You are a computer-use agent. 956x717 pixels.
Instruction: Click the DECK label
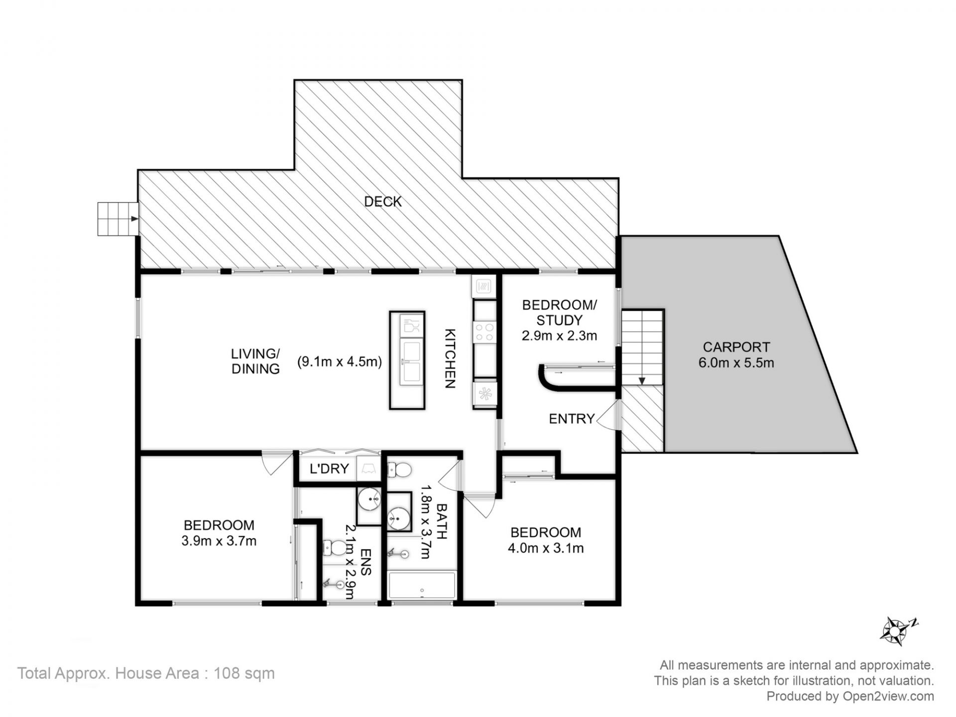pos(382,202)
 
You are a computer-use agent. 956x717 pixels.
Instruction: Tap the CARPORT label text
pos(736,347)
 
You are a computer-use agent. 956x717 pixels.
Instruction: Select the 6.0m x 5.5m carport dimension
pos(736,363)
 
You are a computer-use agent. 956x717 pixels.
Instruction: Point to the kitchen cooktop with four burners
pos(484,332)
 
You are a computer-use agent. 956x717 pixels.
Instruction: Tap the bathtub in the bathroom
pos(422,586)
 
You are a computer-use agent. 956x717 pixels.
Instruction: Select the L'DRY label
pos(329,469)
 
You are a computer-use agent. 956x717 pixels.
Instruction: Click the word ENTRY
pos(572,419)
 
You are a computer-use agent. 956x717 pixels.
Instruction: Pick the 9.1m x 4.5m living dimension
pos(340,362)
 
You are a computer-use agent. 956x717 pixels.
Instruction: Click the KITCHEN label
pos(450,358)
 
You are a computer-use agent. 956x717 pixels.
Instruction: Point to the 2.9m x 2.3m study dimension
pos(559,336)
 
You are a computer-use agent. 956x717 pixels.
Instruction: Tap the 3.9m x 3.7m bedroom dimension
pos(219,541)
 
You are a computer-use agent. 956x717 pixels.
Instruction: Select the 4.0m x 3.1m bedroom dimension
pos(546,548)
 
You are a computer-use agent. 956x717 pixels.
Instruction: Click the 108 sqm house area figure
pos(244,674)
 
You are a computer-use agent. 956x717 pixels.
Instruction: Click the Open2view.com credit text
pos(888,696)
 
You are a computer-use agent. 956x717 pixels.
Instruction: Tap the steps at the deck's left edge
pos(118,219)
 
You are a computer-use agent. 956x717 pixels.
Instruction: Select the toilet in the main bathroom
pos(399,469)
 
